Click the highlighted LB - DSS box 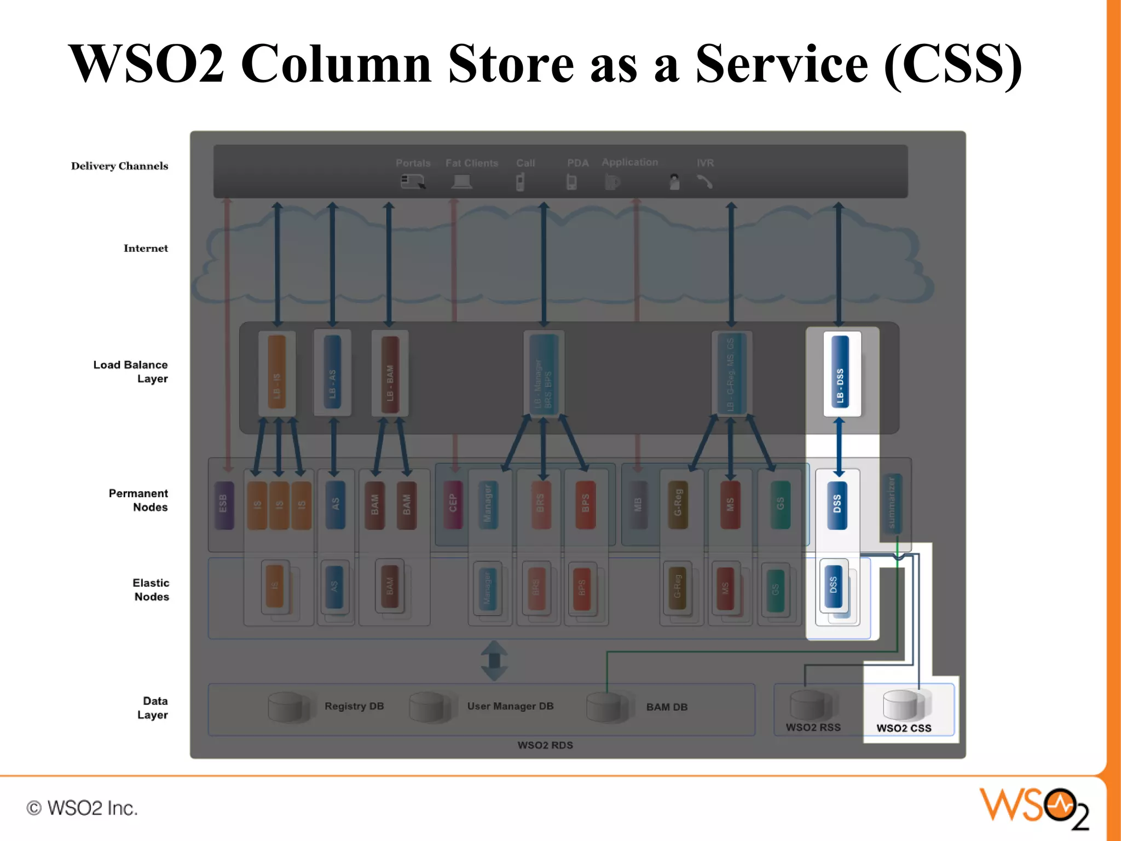[x=841, y=373]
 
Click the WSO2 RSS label [x=813, y=727]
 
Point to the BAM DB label [x=667, y=707]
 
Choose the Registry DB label [x=354, y=706]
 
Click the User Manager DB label [x=510, y=706]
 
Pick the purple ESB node [x=223, y=504]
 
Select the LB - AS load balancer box [x=332, y=373]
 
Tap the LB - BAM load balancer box [x=390, y=374]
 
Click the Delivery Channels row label [x=119, y=166]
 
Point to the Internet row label [x=146, y=248]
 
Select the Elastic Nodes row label [x=151, y=590]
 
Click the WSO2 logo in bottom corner [x=1034, y=807]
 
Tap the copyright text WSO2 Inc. [x=82, y=808]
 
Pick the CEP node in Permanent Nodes [x=453, y=504]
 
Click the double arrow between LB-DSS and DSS [x=839, y=446]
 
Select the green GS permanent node [x=780, y=504]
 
